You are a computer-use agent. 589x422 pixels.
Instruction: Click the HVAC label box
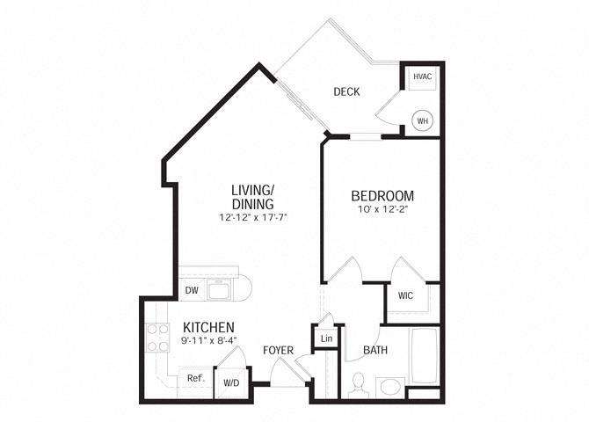423,77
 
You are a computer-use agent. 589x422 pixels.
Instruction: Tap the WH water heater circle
423,120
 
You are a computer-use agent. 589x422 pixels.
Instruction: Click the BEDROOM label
382,195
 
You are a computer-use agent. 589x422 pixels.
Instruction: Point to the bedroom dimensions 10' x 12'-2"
382,211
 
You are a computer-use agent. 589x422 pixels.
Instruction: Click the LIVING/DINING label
253,196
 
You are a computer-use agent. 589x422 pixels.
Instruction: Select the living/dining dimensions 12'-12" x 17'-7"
253,217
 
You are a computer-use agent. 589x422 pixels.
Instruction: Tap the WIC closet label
405,295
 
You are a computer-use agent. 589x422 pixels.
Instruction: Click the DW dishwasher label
191,290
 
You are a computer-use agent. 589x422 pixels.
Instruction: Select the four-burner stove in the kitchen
156,337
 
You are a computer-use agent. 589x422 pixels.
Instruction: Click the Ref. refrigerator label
195,379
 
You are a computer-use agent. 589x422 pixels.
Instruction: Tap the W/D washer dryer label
232,382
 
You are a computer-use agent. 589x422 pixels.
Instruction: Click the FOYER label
278,351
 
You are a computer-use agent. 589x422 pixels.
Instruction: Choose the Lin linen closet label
326,338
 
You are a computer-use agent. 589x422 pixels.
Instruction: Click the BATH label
376,350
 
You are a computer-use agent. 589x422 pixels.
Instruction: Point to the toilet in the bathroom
357,384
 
